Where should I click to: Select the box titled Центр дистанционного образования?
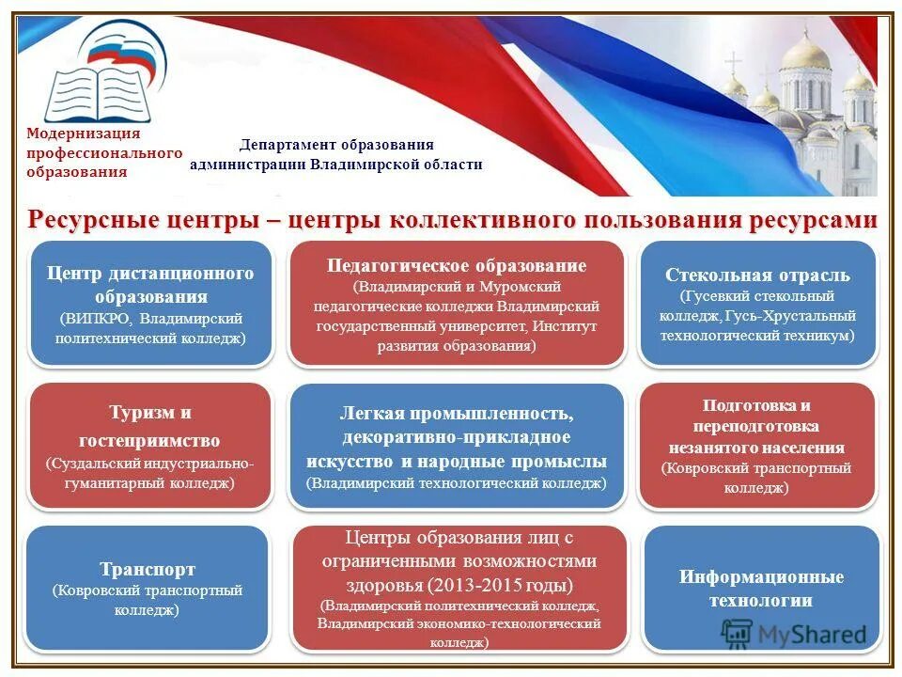coord(150,303)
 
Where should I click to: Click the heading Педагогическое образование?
coord(457,266)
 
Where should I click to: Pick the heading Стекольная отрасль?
coord(757,276)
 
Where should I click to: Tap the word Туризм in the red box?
coord(137,412)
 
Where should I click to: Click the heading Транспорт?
coord(148,569)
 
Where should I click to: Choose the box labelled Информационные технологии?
coord(761,589)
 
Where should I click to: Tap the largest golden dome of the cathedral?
coord(805,53)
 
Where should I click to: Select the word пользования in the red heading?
coord(647,220)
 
